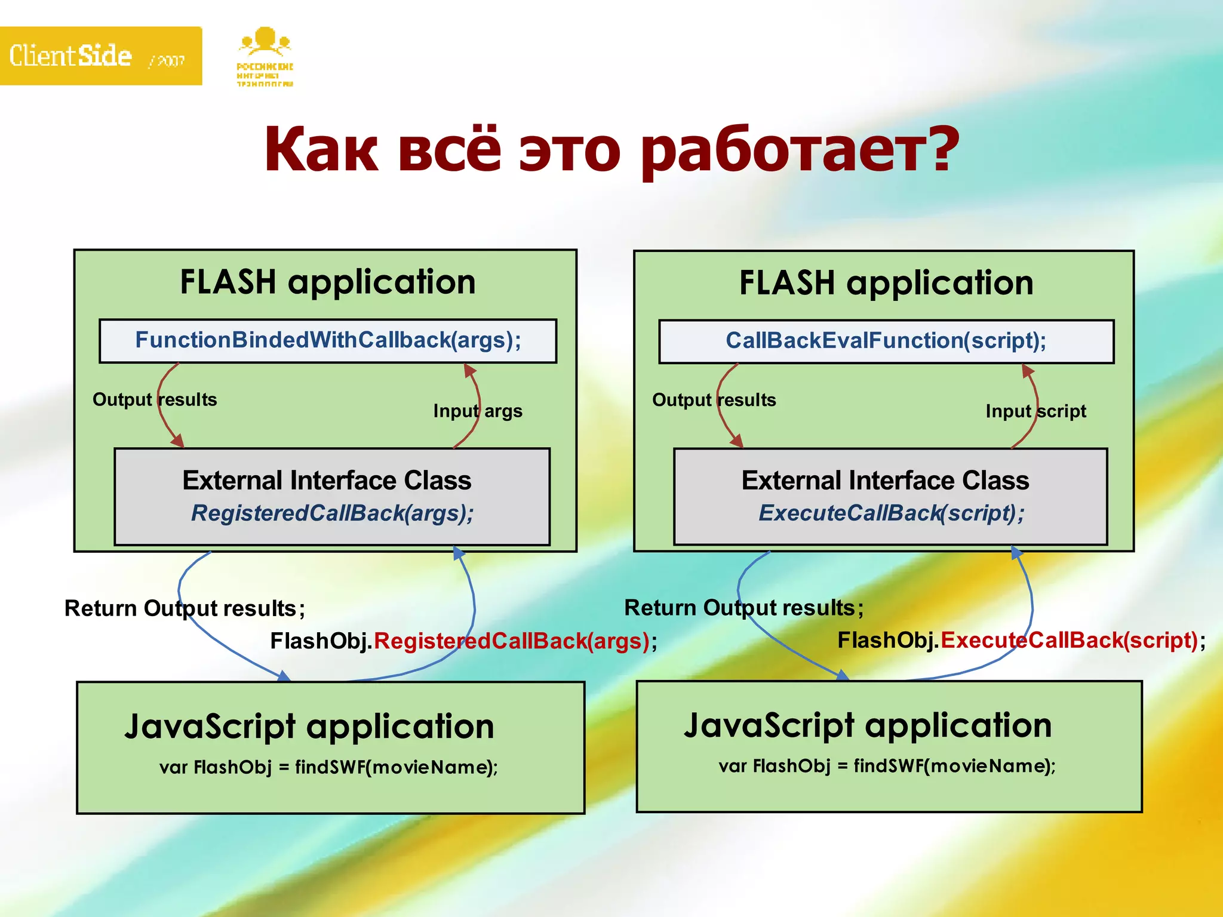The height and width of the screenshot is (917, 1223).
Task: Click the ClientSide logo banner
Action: tap(100, 56)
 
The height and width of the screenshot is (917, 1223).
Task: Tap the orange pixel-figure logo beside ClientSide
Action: tap(265, 57)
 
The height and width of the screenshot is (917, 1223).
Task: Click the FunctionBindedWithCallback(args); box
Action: tap(328, 341)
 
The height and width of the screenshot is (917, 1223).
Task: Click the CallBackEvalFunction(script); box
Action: tap(886, 341)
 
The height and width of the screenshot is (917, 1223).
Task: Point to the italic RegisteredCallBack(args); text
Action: tap(332, 513)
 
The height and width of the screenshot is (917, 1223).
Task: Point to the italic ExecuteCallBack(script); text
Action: tap(891, 513)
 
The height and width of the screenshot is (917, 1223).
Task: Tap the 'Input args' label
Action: tap(478, 411)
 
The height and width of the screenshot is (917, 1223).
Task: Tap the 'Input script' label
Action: tap(1035, 411)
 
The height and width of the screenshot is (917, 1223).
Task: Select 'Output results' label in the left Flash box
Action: tap(155, 399)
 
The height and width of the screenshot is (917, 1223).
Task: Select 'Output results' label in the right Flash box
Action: tap(714, 400)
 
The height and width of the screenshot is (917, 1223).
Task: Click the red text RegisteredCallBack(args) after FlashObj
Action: tap(511, 641)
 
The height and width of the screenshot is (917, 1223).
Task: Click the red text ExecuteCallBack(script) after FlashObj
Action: tap(1069, 641)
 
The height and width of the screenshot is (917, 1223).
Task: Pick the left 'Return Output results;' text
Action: tap(185, 608)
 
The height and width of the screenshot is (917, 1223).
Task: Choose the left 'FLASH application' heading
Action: tap(328, 282)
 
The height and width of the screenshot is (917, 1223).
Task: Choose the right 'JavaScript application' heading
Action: tap(867, 725)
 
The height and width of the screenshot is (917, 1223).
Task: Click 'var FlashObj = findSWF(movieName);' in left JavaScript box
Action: tap(328, 767)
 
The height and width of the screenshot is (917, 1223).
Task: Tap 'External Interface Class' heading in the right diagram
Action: tap(885, 481)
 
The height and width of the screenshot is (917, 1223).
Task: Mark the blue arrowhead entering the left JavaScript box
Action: tap(284, 676)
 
